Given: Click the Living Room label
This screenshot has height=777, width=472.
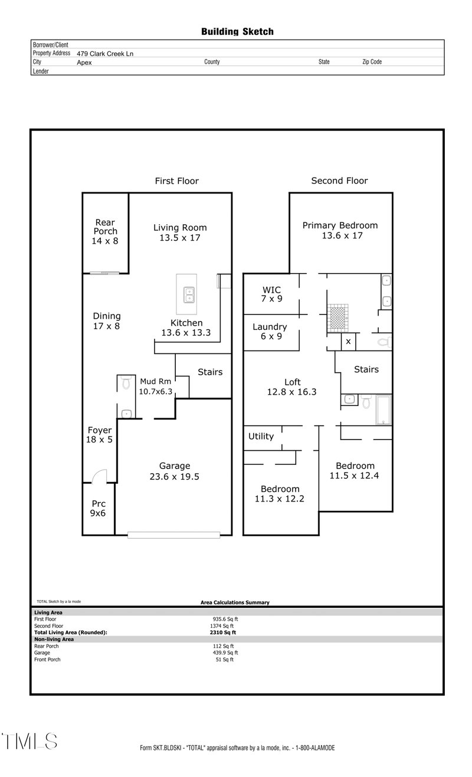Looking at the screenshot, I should pos(180,227).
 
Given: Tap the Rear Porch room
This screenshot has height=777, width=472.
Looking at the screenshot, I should pos(105,231).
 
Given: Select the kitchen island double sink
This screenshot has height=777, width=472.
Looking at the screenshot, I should pos(189,293).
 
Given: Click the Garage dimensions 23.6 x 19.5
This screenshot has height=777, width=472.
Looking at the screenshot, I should pos(174,477).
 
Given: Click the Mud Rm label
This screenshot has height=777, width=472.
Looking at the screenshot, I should pos(155,381).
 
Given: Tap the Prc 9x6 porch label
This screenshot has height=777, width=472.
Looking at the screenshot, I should pos(98,509).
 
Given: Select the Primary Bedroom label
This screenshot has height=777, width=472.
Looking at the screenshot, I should pos(340,225).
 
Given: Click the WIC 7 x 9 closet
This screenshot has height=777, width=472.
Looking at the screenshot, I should pos(271,294).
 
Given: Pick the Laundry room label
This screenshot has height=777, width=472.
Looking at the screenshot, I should pos(270,327).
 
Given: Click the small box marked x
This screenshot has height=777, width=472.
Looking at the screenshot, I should pos(348,342).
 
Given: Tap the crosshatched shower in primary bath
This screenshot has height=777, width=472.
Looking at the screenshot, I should pos(337,316).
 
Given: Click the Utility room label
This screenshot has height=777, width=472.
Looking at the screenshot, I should pos(261,436).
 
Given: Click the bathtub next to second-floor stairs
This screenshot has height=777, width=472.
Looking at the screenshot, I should pos(383,409).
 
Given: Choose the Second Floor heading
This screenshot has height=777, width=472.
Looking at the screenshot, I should pos(339,181).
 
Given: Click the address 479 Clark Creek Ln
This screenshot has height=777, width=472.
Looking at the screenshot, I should pos(105,53).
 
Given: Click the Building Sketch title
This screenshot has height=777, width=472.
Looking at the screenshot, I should pos(237,32).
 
